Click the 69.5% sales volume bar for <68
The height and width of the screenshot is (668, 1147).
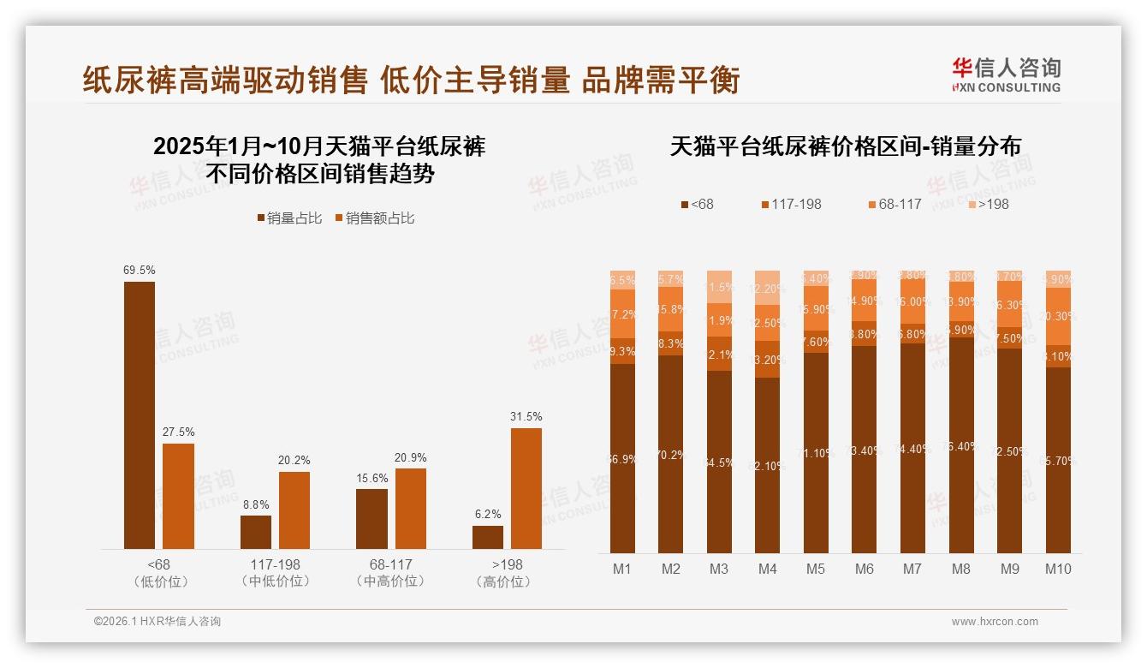pos(140,415)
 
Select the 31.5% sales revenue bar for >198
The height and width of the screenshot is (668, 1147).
pos(526,488)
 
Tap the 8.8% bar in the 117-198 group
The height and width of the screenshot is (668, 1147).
pos(256,532)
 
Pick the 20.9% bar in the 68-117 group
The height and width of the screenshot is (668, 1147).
pos(411,509)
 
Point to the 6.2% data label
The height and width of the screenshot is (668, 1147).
pos(488,515)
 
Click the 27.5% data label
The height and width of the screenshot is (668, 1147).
pos(178,432)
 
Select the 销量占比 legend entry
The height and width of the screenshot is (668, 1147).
pos(289,218)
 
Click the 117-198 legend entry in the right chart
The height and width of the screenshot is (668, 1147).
pos(790,204)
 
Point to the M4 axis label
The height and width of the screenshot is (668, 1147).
pos(767,569)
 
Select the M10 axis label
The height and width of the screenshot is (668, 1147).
pos(1058,569)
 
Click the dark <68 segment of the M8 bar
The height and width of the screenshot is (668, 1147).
pos(961,445)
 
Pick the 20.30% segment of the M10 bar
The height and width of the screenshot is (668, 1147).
pos(1058,316)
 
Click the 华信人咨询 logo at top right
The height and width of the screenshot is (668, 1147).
pos(1006,75)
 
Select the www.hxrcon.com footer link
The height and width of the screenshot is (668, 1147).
pos(995,622)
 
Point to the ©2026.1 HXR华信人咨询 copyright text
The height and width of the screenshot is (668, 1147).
pos(157,622)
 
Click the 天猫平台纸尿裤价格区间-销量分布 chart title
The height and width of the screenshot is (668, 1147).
pos(845,146)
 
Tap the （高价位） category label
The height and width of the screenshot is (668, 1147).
pos(502,582)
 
